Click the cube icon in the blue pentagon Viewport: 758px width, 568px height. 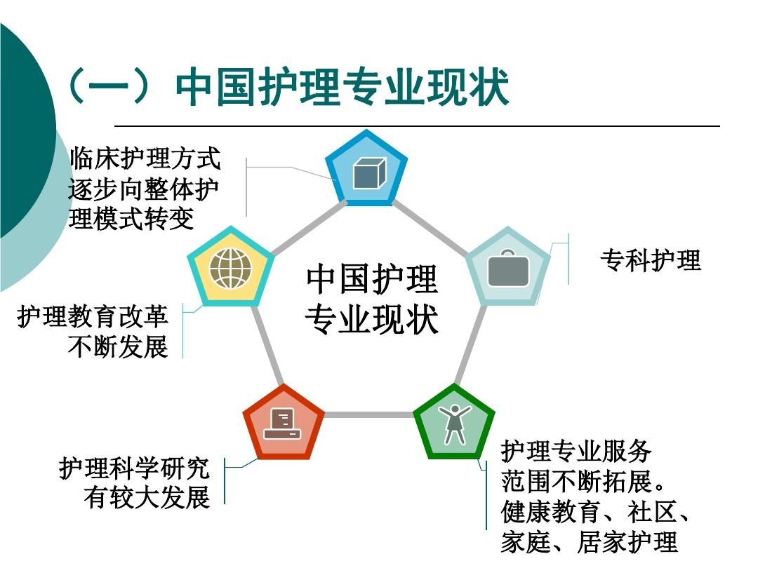369,173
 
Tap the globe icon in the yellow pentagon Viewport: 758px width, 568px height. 231,269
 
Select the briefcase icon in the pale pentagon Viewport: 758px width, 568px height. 508,268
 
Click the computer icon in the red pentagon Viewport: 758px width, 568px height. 282,424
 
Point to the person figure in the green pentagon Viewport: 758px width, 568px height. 454,424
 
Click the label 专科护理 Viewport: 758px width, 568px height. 650,260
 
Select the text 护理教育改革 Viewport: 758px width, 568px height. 93,316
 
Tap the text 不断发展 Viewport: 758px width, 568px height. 118,346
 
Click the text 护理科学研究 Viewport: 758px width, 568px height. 134,468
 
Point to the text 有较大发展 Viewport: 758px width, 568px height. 147,498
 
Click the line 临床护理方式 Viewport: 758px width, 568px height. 145,158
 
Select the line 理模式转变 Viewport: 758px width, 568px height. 131,218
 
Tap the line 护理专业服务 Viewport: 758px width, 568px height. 576,451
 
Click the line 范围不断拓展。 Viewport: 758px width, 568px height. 583,481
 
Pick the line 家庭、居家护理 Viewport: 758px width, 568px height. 589,541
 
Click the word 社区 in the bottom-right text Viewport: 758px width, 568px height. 652,511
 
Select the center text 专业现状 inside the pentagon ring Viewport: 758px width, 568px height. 372,320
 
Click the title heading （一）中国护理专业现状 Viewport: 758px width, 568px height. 288,87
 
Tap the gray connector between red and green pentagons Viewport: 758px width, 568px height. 368,414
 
